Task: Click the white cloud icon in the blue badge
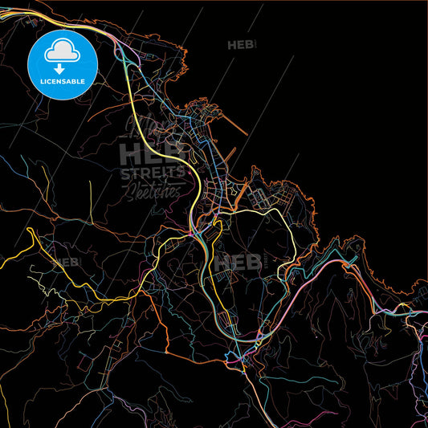coord(62,51)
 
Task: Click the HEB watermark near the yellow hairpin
coord(67,262)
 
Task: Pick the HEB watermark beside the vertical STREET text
coord(233,261)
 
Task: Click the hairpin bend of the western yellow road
coord(30,232)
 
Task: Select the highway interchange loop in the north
coord(125,55)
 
